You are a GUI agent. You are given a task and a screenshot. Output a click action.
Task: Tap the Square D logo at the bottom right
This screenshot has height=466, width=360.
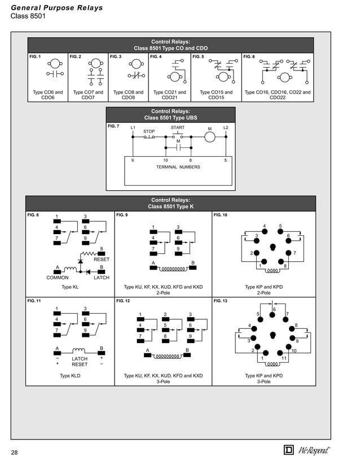288,450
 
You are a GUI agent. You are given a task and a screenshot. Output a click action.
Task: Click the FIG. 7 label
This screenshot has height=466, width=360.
113,126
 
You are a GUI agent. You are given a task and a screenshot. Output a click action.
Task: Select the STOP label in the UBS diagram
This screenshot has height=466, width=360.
149,131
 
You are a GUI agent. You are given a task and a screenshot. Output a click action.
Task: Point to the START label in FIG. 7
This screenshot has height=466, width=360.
178,128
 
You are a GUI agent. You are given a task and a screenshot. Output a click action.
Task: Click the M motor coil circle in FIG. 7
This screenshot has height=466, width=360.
210,137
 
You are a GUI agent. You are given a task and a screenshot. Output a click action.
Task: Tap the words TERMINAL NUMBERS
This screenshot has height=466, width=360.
178,167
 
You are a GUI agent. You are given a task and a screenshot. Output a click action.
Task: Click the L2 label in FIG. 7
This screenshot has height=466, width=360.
226,128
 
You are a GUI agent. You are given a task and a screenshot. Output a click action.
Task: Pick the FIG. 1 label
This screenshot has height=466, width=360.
35,57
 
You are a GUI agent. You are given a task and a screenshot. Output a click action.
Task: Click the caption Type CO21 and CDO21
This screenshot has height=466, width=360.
169,95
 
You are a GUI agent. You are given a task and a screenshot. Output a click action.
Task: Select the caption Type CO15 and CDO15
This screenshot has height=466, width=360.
216,95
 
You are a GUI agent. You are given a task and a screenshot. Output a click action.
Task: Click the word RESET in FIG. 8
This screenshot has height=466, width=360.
102,260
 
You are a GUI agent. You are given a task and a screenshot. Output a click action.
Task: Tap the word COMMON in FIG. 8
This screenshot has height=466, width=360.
58,278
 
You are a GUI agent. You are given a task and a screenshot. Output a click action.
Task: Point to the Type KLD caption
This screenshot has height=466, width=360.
70,375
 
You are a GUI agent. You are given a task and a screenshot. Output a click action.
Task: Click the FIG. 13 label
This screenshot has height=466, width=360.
221,301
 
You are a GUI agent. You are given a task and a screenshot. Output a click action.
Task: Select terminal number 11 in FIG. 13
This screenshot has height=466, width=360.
283,358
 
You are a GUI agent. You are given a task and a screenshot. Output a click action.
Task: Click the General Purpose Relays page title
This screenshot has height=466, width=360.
57,8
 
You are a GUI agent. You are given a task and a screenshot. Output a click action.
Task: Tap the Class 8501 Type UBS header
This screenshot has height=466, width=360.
170,115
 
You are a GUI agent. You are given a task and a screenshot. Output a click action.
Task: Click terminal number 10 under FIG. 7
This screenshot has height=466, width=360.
165,160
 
